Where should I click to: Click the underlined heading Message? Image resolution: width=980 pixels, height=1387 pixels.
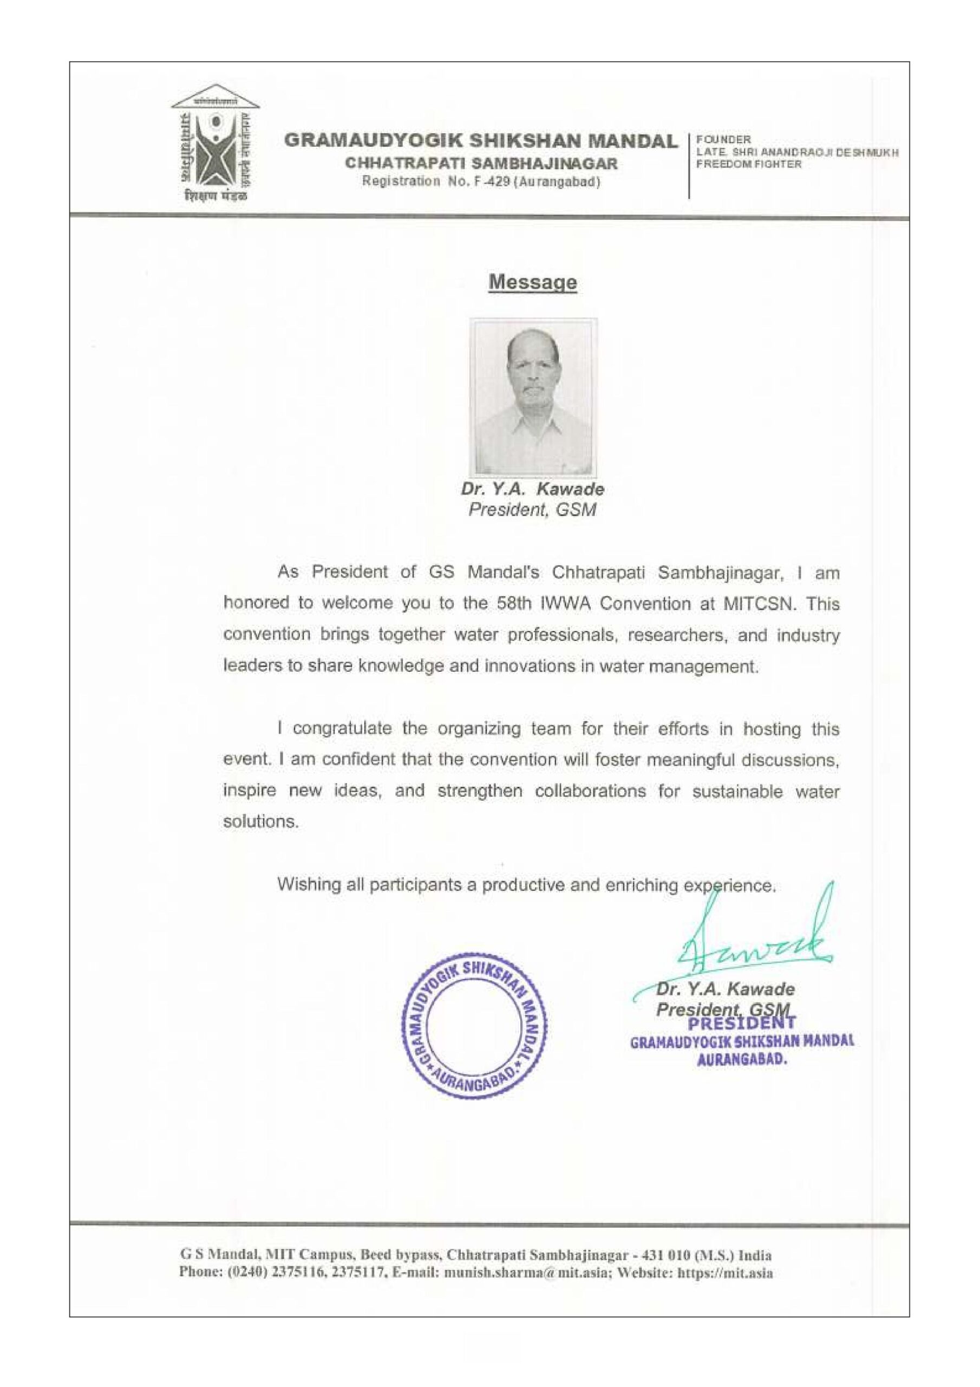tap(532, 282)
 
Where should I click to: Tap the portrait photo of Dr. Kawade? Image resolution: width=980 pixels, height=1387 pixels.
tap(534, 397)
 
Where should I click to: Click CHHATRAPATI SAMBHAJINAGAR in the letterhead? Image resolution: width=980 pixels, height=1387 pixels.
tap(481, 163)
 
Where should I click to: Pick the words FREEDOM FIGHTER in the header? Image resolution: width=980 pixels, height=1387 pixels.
tap(749, 164)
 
